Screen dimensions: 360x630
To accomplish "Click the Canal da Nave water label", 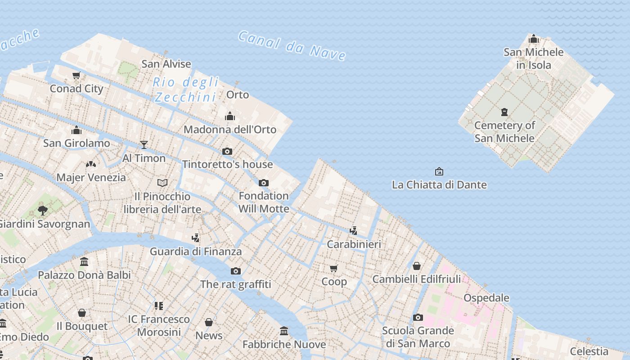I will [x=292, y=45].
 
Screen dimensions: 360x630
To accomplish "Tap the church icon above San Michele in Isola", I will [x=533, y=39].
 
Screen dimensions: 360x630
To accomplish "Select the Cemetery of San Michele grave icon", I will [x=504, y=112].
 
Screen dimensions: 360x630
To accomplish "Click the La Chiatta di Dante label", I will [x=439, y=184].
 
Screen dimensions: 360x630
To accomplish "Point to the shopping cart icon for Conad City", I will [x=76, y=76].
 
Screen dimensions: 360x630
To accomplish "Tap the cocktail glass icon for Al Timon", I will [x=144, y=144].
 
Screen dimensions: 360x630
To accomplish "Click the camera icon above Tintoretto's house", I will [x=227, y=151].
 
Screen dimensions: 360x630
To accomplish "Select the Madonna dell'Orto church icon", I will [x=230, y=117].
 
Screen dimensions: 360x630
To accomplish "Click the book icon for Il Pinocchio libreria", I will [x=162, y=183].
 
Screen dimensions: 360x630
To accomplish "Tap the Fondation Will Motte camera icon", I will [x=264, y=183].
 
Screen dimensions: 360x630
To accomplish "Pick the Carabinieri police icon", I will [x=354, y=231].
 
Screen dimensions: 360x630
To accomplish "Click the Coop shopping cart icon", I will [x=334, y=269].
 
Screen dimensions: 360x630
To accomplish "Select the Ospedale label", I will [x=486, y=298].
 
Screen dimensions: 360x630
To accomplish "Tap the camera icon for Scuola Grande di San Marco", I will [x=418, y=318].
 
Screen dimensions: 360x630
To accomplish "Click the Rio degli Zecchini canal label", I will [x=186, y=90].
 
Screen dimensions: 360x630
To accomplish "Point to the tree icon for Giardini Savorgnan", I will [x=43, y=210].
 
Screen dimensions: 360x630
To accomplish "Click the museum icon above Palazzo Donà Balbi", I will [x=84, y=262].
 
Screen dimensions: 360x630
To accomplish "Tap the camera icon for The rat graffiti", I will [x=235, y=271].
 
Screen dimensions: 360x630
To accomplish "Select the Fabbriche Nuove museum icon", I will [x=284, y=331].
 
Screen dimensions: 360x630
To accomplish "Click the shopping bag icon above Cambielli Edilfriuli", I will [x=417, y=266].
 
